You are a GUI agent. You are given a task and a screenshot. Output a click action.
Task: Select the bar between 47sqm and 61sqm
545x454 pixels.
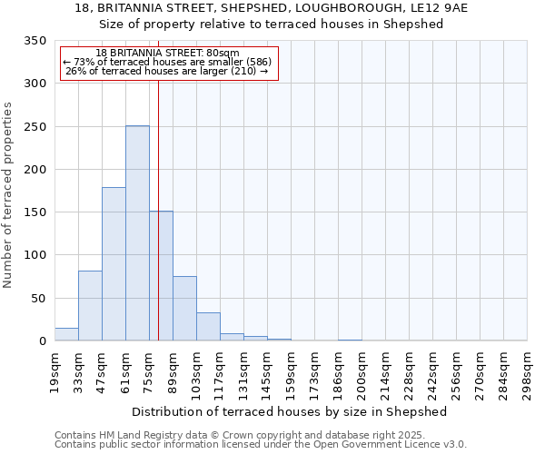[x=114, y=264]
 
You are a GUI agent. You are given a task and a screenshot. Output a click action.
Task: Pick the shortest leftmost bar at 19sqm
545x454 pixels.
[x=66, y=334]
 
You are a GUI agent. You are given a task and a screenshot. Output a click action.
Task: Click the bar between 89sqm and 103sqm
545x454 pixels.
[x=184, y=309]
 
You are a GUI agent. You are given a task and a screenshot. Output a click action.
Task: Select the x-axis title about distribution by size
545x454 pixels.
[x=290, y=411]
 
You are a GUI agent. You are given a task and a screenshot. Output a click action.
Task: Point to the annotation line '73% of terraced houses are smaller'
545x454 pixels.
[x=168, y=62]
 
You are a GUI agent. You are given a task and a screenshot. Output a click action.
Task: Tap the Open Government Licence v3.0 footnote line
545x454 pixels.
[x=261, y=444]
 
